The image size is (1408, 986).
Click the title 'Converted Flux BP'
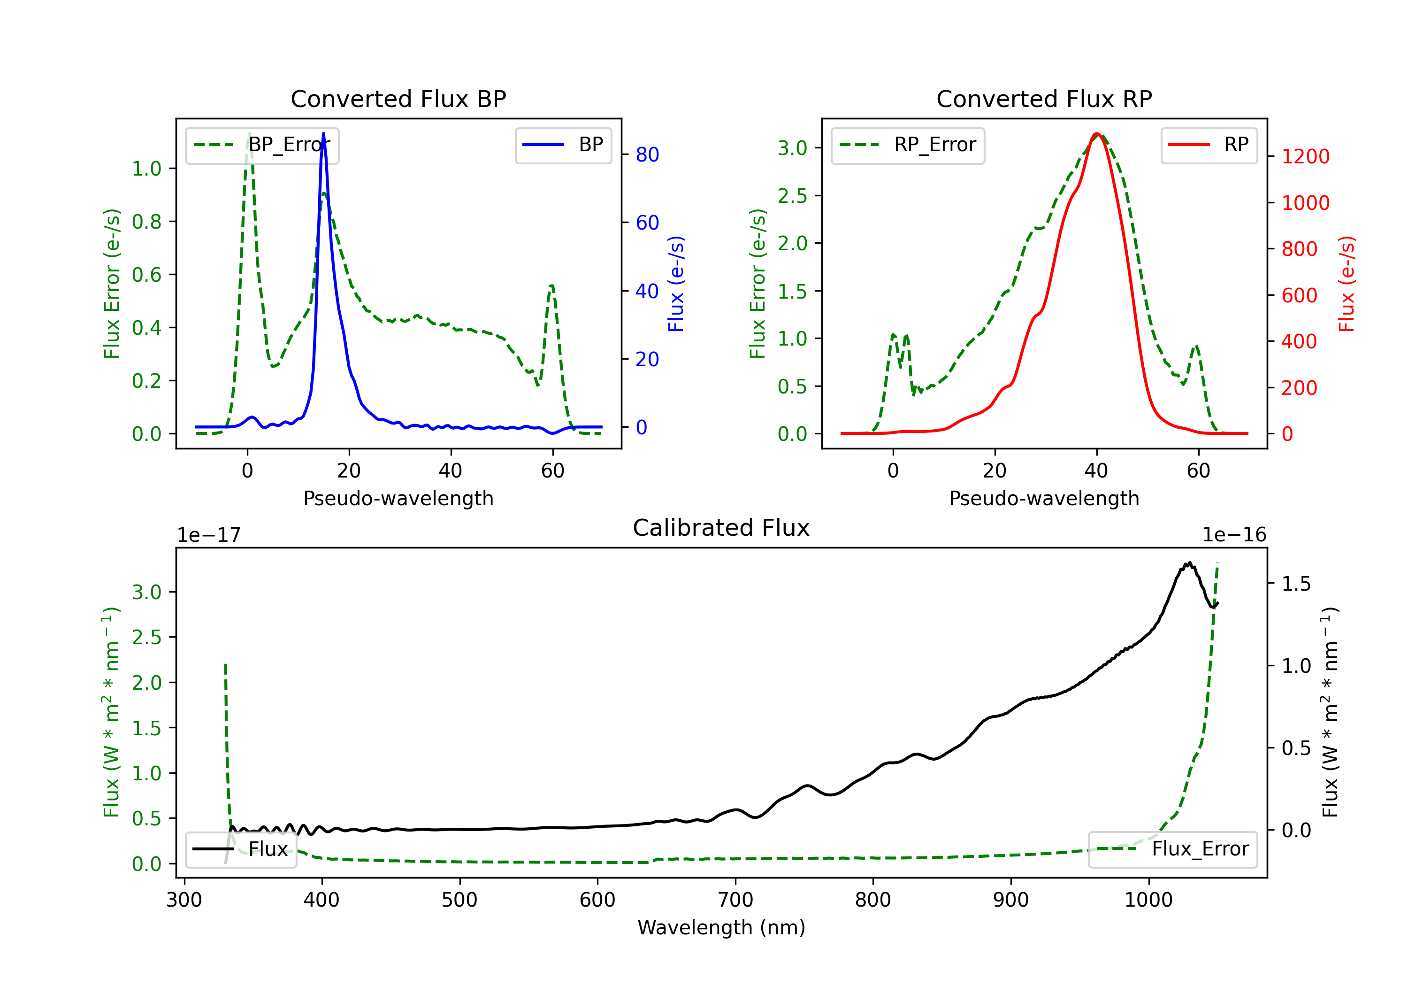(x=398, y=99)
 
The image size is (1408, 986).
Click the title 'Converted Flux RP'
(x=1044, y=99)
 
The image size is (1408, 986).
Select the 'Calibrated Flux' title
(x=721, y=528)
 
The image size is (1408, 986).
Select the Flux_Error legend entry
(x=1172, y=849)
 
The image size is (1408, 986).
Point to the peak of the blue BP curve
(x=323, y=133)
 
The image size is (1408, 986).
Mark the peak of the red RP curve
(x=1097, y=133)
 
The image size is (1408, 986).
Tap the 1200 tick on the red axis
(x=1306, y=156)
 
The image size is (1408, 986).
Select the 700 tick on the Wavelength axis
(x=735, y=900)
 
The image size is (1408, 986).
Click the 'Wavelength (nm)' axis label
(x=721, y=927)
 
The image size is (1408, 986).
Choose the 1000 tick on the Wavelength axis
(x=1148, y=900)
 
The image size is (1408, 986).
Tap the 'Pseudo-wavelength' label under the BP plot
(x=398, y=498)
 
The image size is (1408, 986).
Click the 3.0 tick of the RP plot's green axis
(x=792, y=148)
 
